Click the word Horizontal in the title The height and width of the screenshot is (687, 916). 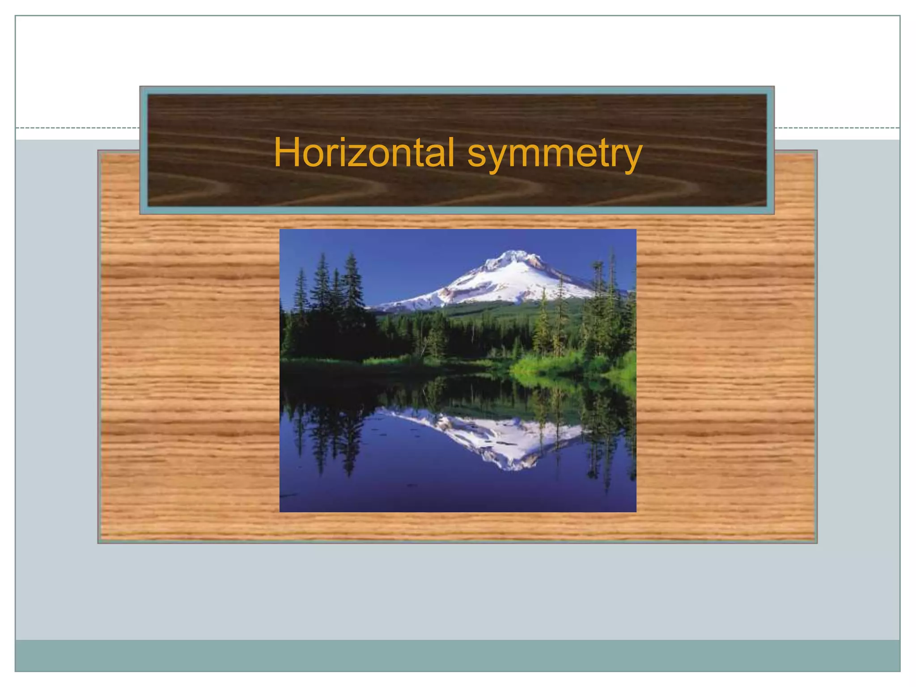point(364,153)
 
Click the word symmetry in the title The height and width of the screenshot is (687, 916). point(555,154)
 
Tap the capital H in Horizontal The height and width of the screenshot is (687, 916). point(287,153)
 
